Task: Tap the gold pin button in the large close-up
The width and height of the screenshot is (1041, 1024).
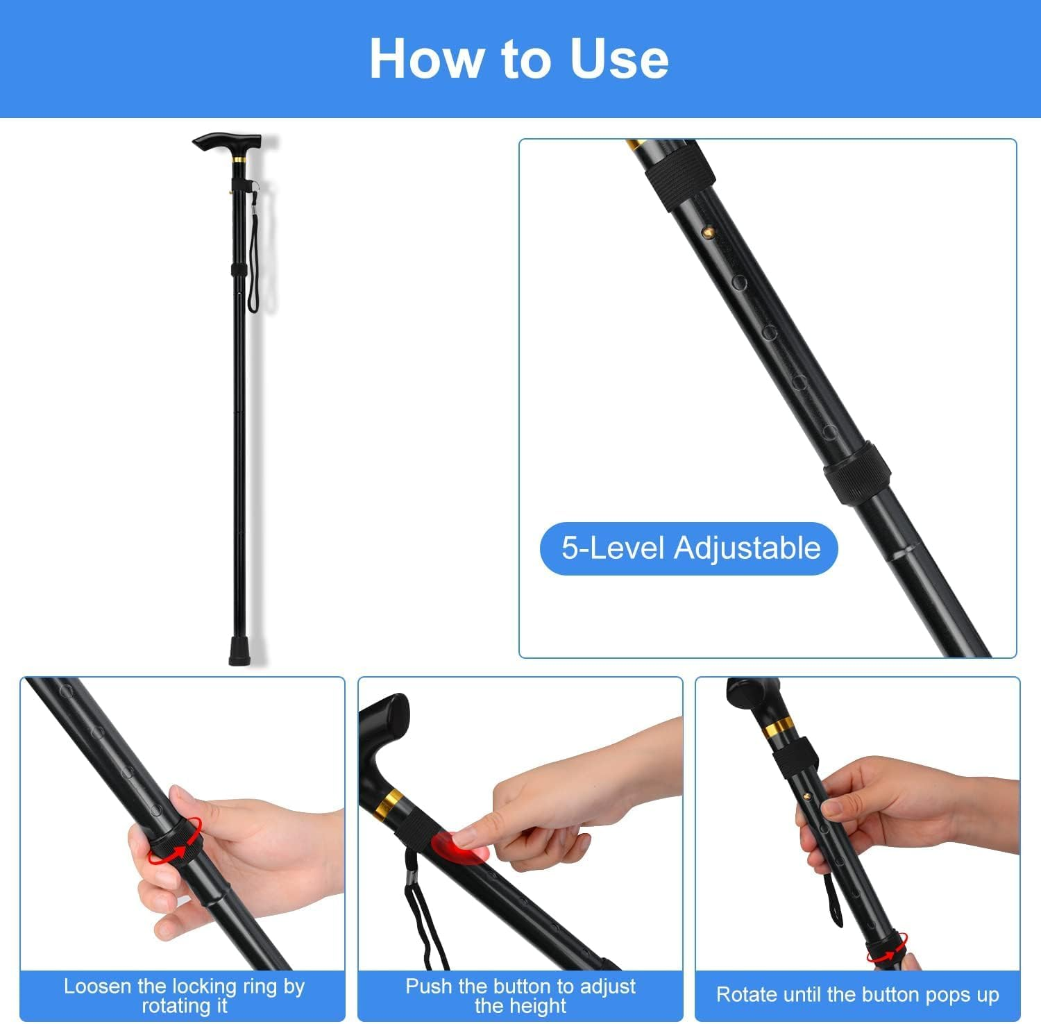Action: click(x=708, y=229)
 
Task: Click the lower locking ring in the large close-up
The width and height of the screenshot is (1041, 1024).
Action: click(x=858, y=474)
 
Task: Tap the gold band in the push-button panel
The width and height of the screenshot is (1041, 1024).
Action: click(x=389, y=804)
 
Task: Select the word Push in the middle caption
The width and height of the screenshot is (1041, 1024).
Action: click(x=428, y=986)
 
